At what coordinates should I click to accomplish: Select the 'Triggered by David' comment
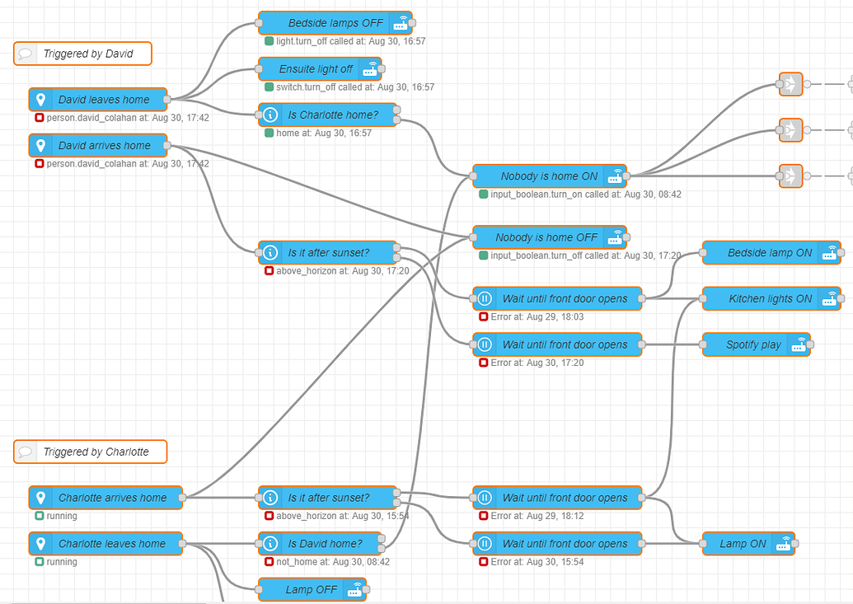pyautogui.click(x=83, y=54)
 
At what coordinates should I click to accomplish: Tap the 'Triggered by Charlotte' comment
pyautogui.click(x=91, y=452)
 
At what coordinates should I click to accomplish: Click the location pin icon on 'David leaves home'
pyautogui.click(x=40, y=100)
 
